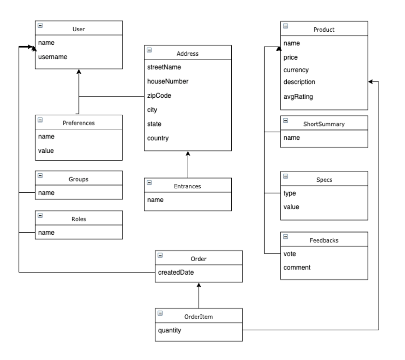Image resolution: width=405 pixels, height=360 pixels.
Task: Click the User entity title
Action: pyautogui.click(x=79, y=29)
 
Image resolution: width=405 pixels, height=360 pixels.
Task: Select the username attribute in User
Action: pyautogui.click(x=53, y=57)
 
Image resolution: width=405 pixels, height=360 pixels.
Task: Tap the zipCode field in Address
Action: pyautogui.click(x=158, y=95)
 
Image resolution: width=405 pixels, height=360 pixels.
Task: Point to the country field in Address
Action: pyautogui.click(x=158, y=138)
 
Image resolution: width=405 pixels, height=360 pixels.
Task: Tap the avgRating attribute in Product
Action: pyautogui.click(x=298, y=97)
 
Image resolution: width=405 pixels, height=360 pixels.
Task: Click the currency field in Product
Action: pyautogui.click(x=296, y=70)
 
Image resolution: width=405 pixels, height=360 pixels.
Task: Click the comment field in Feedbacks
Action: pyautogui.click(x=297, y=267)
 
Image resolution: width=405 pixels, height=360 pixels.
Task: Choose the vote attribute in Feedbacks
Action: pyautogui.click(x=290, y=253)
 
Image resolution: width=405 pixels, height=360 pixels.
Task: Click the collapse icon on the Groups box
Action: pyautogui.click(x=40, y=176)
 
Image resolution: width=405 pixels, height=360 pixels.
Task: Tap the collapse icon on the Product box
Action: pyautogui.click(x=286, y=27)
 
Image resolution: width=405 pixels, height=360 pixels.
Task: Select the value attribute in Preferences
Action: pyautogui.click(x=46, y=150)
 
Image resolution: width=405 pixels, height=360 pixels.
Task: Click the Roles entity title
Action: pyautogui.click(x=79, y=218)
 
